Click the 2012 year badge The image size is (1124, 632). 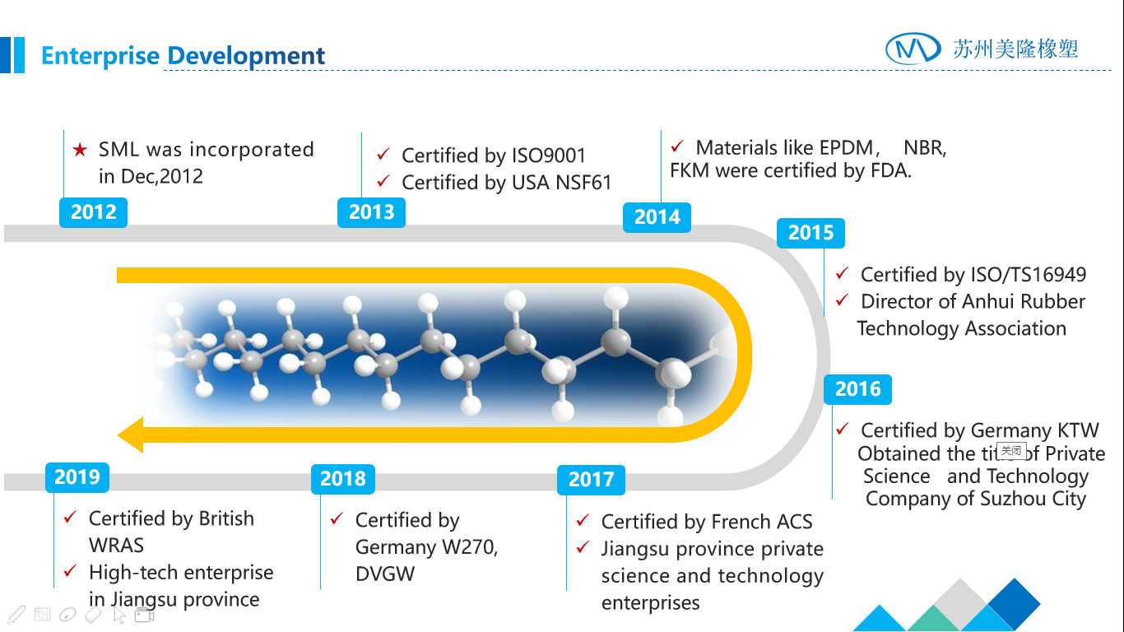(93, 212)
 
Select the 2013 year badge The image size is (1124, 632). (371, 212)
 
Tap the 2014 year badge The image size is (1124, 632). (657, 217)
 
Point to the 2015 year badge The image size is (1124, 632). (810, 233)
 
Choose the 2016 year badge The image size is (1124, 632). (857, 389)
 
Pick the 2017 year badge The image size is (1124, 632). (591, 480)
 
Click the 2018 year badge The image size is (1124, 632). (343, 479)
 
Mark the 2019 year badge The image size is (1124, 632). (77, 477)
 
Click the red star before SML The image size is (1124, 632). (80, 150)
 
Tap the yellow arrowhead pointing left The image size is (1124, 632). (131, 434)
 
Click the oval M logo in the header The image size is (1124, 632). (913, 49)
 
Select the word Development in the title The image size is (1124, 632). (246, 56)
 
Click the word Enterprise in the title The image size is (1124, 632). (100, 56)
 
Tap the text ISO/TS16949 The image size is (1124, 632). (1029, 275)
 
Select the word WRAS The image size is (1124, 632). (116, 545)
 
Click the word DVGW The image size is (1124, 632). (385, 574)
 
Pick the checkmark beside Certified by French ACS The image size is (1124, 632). (583, 520)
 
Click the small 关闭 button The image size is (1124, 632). (1011, 451)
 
